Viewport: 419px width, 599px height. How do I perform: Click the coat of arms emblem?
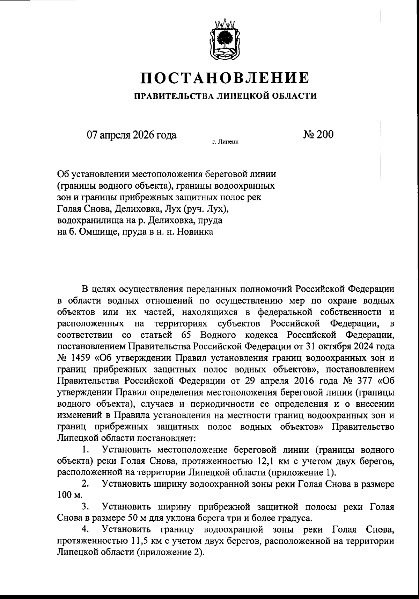(225, 41)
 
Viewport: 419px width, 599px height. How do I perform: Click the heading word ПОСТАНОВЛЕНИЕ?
(225, 78)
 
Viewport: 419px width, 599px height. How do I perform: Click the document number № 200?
(318, 134)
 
